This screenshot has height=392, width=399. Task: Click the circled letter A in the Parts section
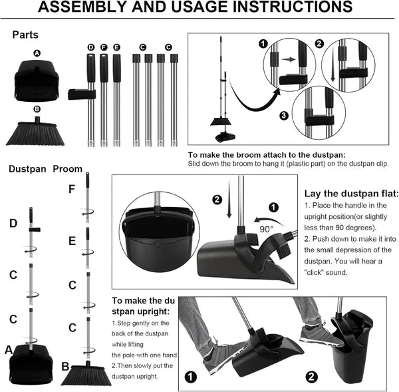click(37, 53)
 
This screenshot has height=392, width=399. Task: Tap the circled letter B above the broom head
click(37, 109)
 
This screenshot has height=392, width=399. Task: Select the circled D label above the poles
click(91, 47)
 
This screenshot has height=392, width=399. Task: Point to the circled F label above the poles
click(104, 47)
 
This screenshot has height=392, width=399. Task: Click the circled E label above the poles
click(116, 47)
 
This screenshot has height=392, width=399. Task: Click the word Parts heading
click(25, 35)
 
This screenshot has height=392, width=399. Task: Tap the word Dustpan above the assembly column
click(27, 169)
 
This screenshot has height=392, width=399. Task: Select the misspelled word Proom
click(68, 169)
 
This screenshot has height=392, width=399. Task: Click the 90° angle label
click(267, 229)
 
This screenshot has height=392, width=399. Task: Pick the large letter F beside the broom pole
click(72, 189)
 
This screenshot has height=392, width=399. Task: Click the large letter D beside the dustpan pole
click(13, 224)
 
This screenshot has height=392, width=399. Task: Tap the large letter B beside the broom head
click(65, 367)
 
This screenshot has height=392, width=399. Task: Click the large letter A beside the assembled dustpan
click(9, 350)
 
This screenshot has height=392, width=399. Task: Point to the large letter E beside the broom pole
click(72, 241)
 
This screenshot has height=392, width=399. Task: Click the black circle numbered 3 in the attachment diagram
click(284, 116)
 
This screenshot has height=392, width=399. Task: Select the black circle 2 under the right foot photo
click(311, 377)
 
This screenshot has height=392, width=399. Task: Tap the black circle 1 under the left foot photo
click(191, 377)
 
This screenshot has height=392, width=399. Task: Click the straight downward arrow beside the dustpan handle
click(229, 199)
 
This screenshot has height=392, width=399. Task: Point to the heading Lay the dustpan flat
click(351, 194)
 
